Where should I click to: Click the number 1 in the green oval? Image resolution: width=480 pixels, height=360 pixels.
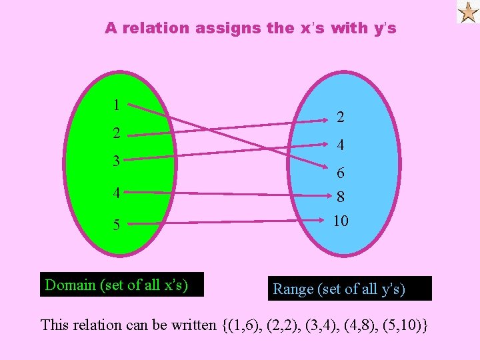click(116, 105)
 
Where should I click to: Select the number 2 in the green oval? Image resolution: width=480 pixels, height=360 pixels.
click(116, 133)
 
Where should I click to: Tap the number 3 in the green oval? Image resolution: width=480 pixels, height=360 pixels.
click(116, 161)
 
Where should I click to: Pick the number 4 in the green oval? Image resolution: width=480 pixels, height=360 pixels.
click(116, 194)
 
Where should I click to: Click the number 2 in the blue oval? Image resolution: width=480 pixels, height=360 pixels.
click(341, 117)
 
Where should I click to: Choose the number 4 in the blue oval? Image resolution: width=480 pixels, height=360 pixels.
click(341, 145)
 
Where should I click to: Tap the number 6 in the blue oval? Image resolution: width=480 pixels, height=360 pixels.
click(341, 173)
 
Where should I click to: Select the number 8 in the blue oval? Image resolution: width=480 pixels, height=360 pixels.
click(341, 198)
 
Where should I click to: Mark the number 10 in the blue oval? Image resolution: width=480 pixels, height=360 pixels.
click(341, 221)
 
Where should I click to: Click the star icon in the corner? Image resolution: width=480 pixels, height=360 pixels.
click(467, 12)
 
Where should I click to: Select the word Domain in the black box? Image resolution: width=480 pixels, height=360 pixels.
click(70, 285)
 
